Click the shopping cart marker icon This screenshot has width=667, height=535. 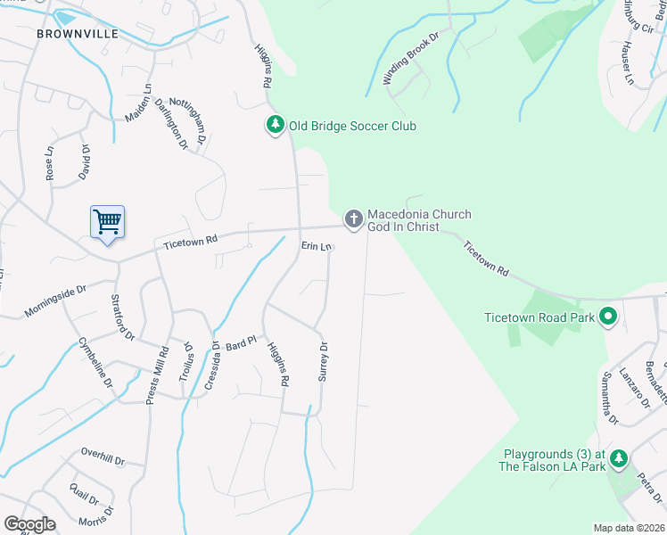[107, 220]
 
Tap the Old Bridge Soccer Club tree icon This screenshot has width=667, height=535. [276, 126]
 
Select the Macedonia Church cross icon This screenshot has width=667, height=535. [353, 218]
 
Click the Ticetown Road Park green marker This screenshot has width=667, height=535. [608, 316]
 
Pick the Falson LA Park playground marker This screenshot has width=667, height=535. [618, 458]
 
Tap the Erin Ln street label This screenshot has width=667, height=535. [317, 245]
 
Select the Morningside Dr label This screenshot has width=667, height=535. [54, 295]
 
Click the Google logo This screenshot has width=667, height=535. [29, 524]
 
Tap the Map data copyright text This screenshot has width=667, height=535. [629, 528]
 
